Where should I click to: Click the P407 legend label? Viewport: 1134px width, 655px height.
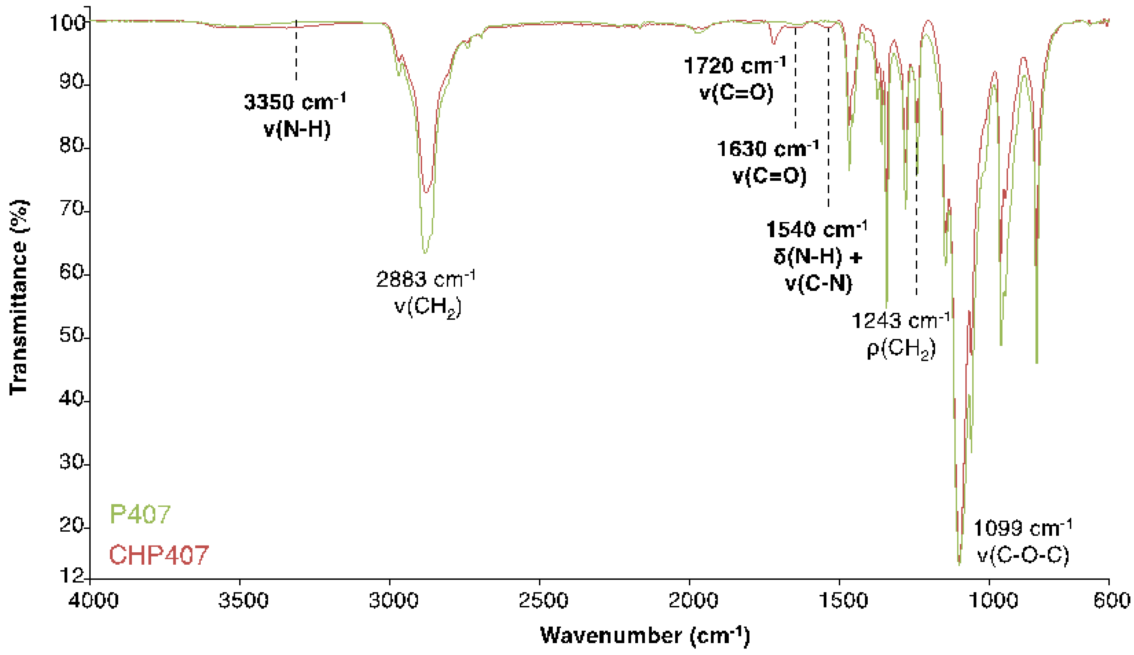click(x=140, y=514)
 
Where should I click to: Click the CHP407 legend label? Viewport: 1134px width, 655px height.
click(x=159, y=555)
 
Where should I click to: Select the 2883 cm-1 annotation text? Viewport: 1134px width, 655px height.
click(x=425, y=279)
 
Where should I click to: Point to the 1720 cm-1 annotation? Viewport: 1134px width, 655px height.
click(x=735, y=66)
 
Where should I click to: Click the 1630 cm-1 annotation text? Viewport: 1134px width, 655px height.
click(x=768, y=149)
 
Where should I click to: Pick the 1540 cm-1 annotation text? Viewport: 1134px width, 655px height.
click(x=816, y=229)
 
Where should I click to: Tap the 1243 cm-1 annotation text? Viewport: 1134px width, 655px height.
click(x=901, y=321)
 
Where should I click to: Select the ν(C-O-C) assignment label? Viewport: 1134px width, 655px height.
click(x=1023, y=555)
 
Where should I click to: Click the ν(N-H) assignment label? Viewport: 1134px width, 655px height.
click(x=297, y=129)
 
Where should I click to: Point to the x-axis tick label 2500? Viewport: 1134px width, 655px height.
click(x=543, y=600)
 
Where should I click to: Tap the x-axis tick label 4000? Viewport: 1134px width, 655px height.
click(x=93, y=600)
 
